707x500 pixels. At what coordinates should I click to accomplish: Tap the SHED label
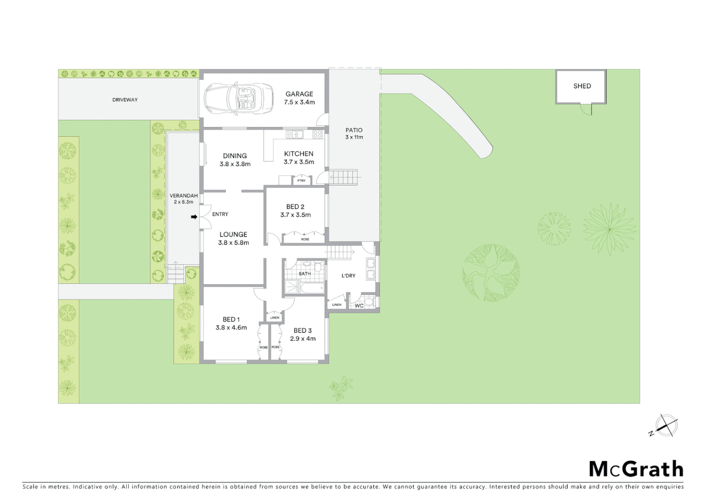(582, 86)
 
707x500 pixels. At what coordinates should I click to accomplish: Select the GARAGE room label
(299, 94)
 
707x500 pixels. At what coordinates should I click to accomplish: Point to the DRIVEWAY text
(125, 100)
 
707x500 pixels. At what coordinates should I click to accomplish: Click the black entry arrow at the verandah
(194, 217)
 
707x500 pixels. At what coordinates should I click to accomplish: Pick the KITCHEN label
(298, 154)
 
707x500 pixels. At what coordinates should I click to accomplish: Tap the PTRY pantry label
(302, 181)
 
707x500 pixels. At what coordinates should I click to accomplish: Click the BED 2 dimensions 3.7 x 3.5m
(295, 215)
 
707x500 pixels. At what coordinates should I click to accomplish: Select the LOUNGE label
(233, 235)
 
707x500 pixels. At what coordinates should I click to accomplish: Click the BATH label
(304, 274)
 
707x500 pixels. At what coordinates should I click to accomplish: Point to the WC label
(359, 306)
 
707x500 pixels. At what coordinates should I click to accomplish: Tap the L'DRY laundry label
(348, 276)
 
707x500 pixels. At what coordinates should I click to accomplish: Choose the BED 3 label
(303, 331)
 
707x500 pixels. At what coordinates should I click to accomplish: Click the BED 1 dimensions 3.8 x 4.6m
(231, 328)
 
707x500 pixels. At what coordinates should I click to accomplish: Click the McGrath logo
(636, 469)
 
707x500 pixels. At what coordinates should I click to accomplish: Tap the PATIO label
(354, 130)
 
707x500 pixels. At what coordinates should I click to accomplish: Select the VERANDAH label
(184, 196)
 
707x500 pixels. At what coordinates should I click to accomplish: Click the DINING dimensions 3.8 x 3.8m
(235, 164)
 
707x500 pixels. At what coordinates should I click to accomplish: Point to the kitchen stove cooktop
(317, 134)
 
